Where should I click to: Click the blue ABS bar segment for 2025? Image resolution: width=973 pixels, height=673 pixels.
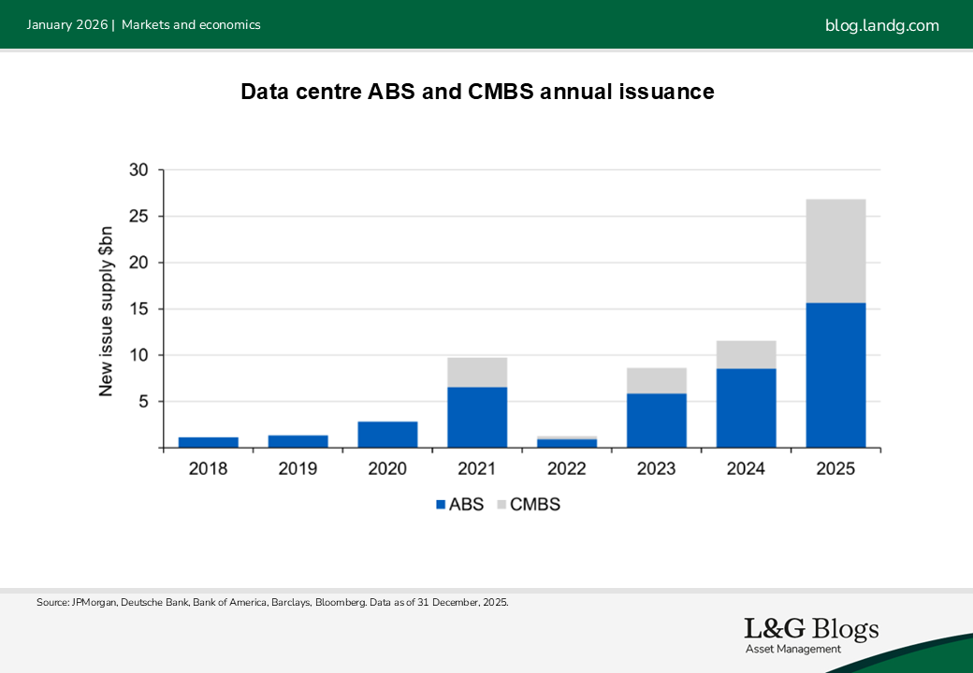point(835,375)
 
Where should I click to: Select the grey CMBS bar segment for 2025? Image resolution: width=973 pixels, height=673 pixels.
point(835,251)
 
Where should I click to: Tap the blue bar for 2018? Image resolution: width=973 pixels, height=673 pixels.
point(209,442)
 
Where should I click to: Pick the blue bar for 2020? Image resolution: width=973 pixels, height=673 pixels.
point(388,435)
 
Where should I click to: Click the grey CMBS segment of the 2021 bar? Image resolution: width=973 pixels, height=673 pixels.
point(477,372)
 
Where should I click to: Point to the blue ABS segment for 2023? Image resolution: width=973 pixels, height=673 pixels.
point(657,421)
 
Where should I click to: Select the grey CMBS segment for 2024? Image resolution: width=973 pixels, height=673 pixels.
point(746,354)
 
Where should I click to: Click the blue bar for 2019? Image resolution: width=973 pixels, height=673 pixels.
point(298,441)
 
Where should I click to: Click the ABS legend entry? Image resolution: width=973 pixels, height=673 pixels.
point(459,505)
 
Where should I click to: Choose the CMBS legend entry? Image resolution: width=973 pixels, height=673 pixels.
point(529,505)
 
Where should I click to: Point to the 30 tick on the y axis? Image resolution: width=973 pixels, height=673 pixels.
point(139,170)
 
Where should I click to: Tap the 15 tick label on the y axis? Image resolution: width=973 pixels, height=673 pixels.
point(139,308)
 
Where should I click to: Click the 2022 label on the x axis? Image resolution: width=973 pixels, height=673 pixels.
point(567,468)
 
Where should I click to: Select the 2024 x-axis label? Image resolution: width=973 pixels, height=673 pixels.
point(746,468)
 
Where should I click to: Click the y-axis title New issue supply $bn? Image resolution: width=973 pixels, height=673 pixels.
point(106,311)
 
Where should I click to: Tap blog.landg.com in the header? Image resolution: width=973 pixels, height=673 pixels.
point(881,25)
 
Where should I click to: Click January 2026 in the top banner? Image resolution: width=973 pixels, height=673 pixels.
point(67,25)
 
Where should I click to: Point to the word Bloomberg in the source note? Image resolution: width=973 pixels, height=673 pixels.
point(341,602)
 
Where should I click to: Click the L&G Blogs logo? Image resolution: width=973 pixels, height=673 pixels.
point(812,635)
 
